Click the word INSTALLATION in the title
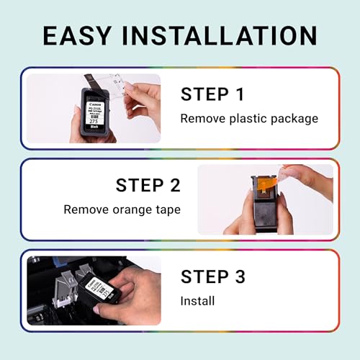[x=220, y=35]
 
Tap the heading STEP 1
[x=212, y=94]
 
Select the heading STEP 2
[x=148, y=186]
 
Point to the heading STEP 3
[x=212, y=276]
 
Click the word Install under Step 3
[x=197, y=300]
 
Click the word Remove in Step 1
[x=199, y=118]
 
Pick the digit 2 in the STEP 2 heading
[x=173, y=186]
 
